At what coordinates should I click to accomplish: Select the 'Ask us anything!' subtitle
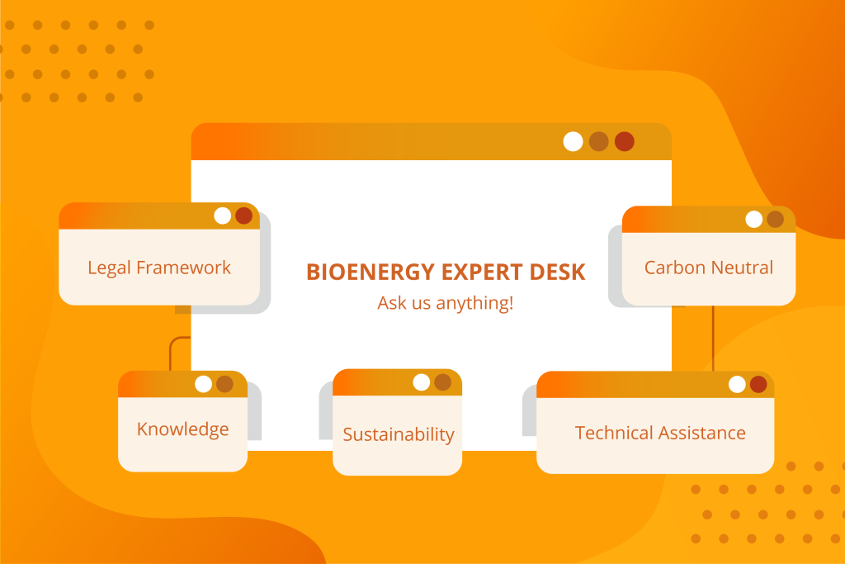click(445, 303)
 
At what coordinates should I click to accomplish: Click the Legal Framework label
click(159, 268)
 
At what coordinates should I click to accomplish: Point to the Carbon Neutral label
click(709, 268)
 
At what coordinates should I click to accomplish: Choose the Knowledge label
click(182, 429)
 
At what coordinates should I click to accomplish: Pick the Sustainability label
click(399, 434)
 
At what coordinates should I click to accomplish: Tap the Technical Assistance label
click(660, 433)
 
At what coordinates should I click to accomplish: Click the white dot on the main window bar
click(573, 142)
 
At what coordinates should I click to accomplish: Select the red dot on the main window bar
click(625, 142)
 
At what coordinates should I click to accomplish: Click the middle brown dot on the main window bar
click(599, 142)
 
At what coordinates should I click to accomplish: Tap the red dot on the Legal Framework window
click(244, 216)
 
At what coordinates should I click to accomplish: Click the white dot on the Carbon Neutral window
click(754, 220)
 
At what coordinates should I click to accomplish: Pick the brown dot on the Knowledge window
click(224, 385)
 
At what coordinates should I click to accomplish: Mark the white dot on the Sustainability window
click(422, 382)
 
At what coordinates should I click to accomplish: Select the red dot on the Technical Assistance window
click(758, 385)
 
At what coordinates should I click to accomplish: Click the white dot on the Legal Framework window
click(223, 216)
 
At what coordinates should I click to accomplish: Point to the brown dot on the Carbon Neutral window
click(776, 220)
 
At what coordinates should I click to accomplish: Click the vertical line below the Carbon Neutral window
click(714, 338)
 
